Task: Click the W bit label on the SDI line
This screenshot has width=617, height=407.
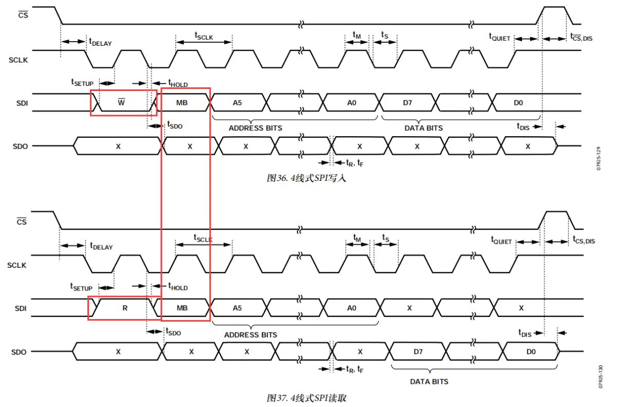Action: [x=121, y=102]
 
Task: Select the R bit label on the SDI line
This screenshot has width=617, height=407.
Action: [x=124, y=308]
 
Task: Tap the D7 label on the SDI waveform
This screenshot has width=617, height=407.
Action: [x=407, y=102]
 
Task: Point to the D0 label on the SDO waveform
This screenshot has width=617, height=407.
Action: [x=531, y=352]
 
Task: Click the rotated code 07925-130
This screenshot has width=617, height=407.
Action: [x=600, y=378]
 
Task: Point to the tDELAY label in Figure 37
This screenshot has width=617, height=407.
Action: [x=101, y=246]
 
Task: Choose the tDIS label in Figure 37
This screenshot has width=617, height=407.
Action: [x=524, y=334]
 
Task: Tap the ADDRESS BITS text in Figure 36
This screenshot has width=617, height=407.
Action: [x=255, y=128]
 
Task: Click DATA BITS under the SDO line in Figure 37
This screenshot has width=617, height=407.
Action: [x=429, y=381]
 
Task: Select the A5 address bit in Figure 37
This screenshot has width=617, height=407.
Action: [x=237, y=308]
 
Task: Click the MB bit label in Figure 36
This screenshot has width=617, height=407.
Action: [x=182, y=102]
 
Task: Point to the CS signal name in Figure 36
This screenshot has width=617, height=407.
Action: [x=23, y=15]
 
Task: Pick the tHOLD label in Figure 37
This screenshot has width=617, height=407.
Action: [x=178, y=287]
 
